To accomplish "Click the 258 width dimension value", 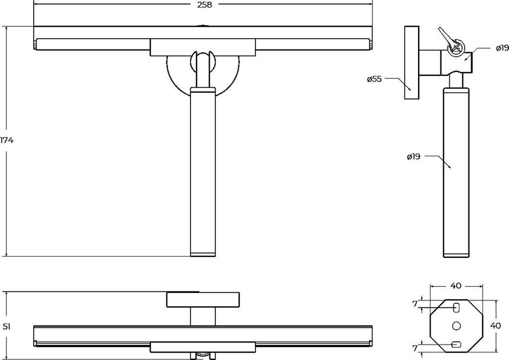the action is (204, 5).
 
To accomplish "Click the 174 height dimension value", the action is (6, 141).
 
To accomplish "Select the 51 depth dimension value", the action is (6, 326).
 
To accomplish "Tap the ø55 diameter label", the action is (374, 79).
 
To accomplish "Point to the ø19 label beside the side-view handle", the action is (413, 157).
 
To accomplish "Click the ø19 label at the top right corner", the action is (502, 48).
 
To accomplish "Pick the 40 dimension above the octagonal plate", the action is (456, 285).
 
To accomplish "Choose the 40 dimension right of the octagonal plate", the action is (496, 326).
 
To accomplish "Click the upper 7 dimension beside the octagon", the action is (415, 304).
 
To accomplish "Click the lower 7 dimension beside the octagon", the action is (415, 348).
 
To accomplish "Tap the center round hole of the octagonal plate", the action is (456, 326).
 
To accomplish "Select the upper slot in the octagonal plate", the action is (456, 307).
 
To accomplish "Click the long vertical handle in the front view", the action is (203, 172).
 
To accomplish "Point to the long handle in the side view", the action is (456, 172).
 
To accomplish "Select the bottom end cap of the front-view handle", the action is (203, 254).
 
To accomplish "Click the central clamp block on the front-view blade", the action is (203, 47).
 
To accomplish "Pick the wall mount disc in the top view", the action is (203, 300).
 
